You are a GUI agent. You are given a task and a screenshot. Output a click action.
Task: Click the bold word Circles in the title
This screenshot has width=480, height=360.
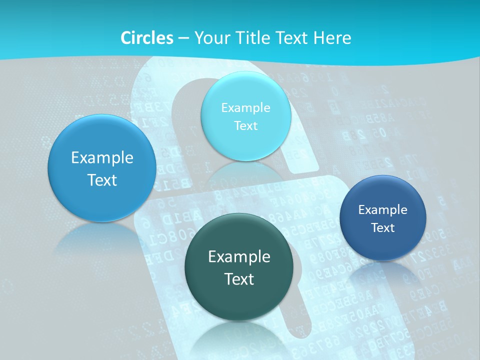(x=147, y=38)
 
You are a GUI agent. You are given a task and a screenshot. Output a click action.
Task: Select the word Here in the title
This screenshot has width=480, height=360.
(x=332, y=38)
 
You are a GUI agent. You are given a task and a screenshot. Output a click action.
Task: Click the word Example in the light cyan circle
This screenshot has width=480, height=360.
(x=246, y=108)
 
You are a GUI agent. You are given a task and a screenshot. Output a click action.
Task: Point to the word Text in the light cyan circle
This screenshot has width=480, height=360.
(x=246, y=126)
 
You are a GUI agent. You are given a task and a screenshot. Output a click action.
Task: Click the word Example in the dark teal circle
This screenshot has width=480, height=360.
(x=239, y=257)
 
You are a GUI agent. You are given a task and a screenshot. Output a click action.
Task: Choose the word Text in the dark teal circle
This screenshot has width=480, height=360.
(x=239, y=279)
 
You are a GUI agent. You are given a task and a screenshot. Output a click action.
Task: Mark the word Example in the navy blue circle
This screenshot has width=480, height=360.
(x=383, y=210)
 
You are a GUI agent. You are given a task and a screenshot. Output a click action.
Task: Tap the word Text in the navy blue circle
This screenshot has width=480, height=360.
(x=383, y=228)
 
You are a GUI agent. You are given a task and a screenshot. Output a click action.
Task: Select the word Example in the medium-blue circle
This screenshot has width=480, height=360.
(x=102, y=158)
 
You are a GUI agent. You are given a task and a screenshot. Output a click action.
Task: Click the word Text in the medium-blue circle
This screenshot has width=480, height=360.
(x=102, y=180)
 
